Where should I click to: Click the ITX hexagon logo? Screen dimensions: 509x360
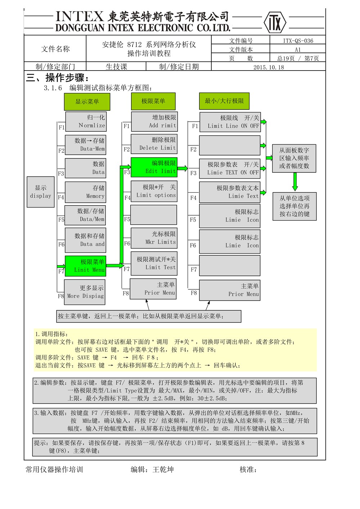tap(275, 22)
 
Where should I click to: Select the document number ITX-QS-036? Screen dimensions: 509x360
tap(298, 41)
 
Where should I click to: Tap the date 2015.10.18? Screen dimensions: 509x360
tap(269, 67)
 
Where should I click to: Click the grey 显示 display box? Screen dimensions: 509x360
tap(41, 192)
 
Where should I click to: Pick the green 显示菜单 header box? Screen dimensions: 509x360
tap(87, 102)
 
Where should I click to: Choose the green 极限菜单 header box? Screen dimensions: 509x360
tap(153, 101)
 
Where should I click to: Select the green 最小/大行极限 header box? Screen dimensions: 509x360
tap(224, 101)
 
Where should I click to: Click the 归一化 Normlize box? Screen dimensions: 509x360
tap(86, 122)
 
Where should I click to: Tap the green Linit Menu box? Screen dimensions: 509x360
tap(86, 266)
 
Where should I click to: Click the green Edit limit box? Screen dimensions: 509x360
tap(154, 167)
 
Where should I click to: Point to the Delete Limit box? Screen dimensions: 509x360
tap(154, 144)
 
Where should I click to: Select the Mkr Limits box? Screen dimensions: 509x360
tap(154, 238)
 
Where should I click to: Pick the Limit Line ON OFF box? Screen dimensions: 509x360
tap(230, 122)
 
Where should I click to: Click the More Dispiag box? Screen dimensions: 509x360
tap(85, 292)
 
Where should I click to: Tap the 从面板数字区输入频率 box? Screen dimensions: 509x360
tap(294, 158)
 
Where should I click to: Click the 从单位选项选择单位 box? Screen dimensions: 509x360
tap(294, 206)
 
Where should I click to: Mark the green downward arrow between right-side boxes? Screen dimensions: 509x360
tap(295, 182)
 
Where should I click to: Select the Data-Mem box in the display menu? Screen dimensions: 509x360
tap(86, 145)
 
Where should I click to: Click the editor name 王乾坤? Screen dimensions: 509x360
tap(163, 469)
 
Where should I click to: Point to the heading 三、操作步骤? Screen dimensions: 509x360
tap(57, 78)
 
